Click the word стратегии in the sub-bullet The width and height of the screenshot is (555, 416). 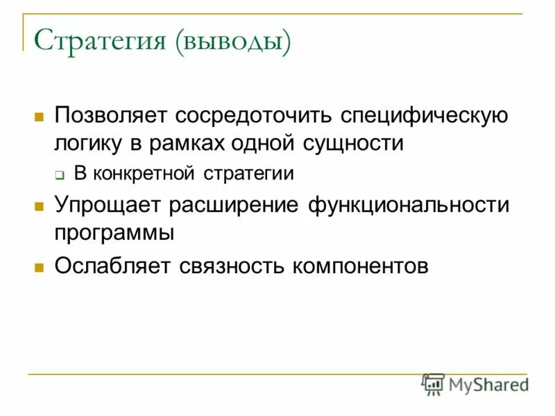pos(249,173)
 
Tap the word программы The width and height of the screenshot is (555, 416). pos(114,234)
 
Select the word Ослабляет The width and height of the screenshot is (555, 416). pos(112,266)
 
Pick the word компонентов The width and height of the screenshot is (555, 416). pos(361,266)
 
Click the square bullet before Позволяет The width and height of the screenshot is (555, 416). pos(40,115)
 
